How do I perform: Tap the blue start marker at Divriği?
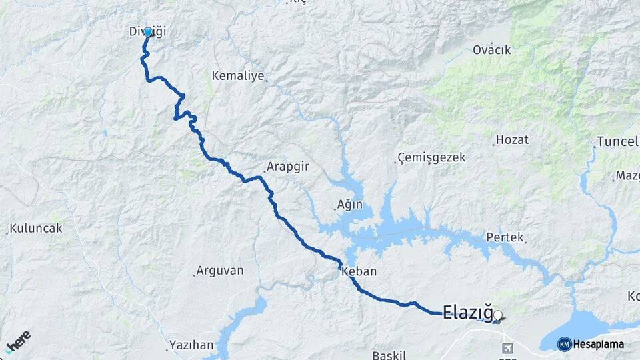coord(148,31)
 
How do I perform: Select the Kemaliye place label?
coord(238,76)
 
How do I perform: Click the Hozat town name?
coord(513,140)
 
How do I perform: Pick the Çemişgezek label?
coord(431,158)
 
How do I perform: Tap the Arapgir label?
coord(287,167)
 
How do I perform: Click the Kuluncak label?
coord(36,229)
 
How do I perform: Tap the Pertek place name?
coord(505,237)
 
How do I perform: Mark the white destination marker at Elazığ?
coord(498,315)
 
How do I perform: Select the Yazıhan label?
coord(192,345)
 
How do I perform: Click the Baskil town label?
coord(385,354)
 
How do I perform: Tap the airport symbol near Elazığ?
coord(508,348)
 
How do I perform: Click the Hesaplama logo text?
coord(599,344)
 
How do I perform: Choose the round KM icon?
coord(564,344)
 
